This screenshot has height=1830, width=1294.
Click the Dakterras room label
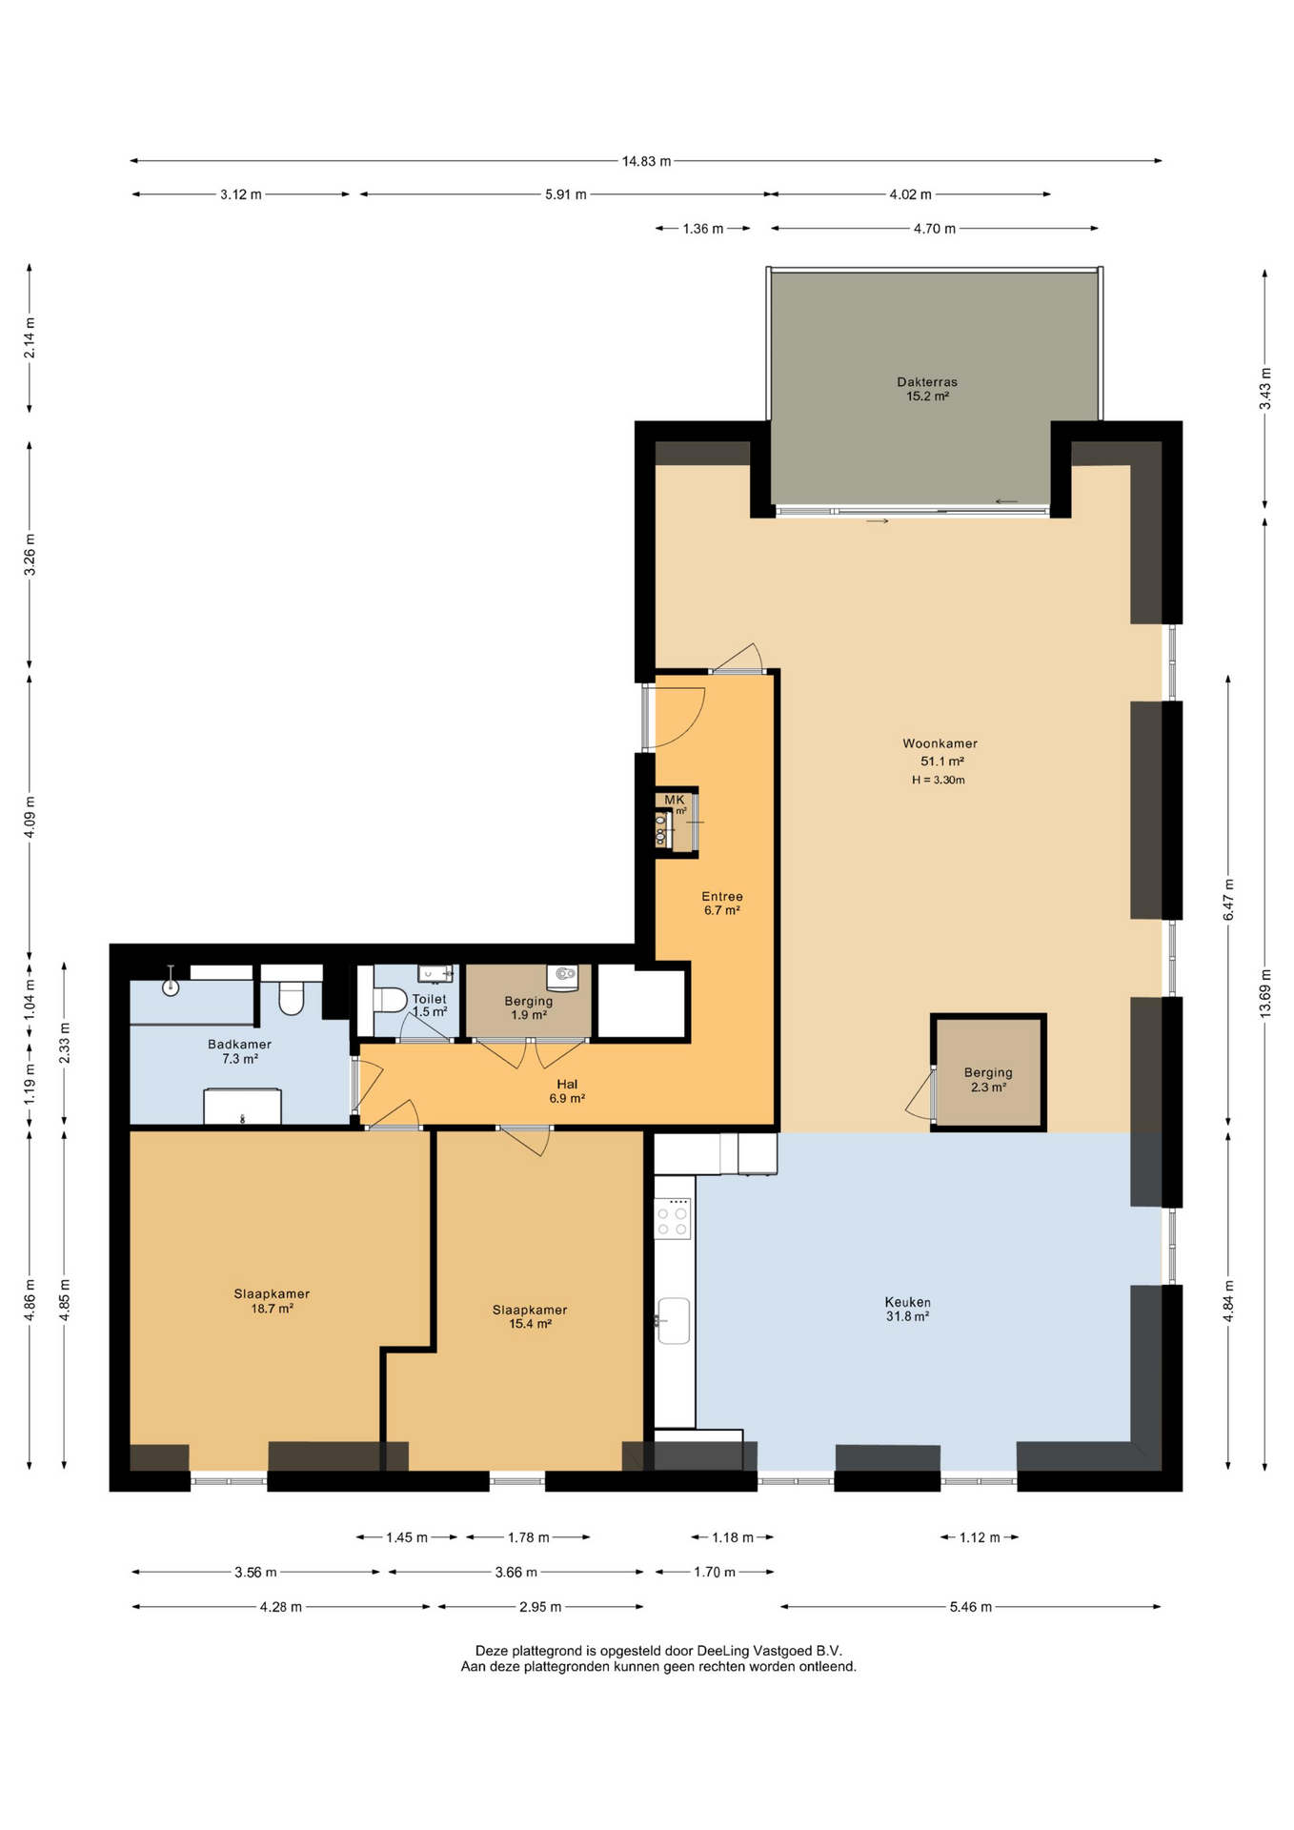pyautogui.click(x=926, y=389)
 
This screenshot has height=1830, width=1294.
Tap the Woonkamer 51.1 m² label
pyautogui.click(x=940, y=752)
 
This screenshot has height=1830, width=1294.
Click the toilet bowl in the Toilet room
pyautogui.click(x=390, y=1000)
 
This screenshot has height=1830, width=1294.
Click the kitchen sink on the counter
pyautogui.click(x=673, y=1320)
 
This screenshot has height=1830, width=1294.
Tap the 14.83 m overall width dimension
pyautogui.click(x=646, y=161)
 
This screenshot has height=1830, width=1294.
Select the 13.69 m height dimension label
pyautogui.click(x=1265, y=993)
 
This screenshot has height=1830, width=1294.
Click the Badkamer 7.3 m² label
pyautogui.click(x=240, y=1051)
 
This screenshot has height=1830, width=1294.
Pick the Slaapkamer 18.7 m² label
pyautogui.click(x=272, y=1301)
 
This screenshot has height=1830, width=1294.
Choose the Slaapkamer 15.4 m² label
pyautogui.click(x=530, y=1316)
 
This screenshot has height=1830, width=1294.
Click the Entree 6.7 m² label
pyautogui.click(x=722, y=903)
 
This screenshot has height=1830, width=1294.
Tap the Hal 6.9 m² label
pyautogui.click(x=567, y=1090)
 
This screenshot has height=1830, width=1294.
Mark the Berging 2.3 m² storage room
pyautogui.click(x=988, y=1073)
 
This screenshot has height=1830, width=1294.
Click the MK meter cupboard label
pyautogui.click(x=675, y=800)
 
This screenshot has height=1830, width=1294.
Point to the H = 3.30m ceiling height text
pyautogui.click(x=939, y=780)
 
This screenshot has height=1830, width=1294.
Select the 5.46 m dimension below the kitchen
pyautogui.click(x=970, y=1607)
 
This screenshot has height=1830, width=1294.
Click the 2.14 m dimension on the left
pyautogui.click(x=30, y=338)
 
